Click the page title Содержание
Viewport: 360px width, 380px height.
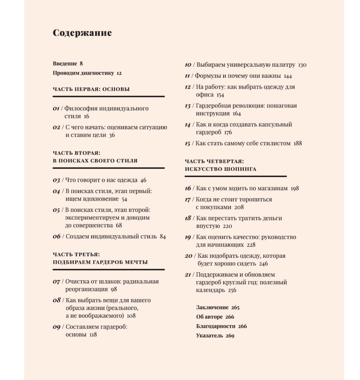click(x=82, y=33)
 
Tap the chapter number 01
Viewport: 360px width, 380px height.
click(x=56, y=109)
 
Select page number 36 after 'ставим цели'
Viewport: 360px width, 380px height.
click(x=112, y=135)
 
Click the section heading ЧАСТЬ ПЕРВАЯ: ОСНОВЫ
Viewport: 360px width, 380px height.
click(x=91, y=89)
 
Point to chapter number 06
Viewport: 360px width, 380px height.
click(x=56, y=236)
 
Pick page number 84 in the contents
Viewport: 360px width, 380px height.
click(x=163, y=237)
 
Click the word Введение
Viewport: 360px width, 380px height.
click(x=65, y=63)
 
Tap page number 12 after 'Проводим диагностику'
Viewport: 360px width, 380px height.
click(x=119, y=73)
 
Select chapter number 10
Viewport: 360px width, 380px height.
click(x=188, y=65)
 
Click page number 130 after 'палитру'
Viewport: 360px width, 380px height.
click(x=302, y=65)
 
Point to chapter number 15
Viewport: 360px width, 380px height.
click(x=187, y=144)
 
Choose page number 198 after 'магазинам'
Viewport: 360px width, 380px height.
click(x=295, y=188)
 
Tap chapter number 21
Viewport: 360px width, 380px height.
click(x=188, y=275)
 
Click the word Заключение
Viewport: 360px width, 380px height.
click(x=212, y=307)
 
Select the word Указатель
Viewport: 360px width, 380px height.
click(x=210, y=336)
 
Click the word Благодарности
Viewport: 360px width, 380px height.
click(x=216, y=326)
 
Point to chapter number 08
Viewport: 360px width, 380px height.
click(x=56, y=300)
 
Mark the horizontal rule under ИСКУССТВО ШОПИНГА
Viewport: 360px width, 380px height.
click(x=236, y=176)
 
